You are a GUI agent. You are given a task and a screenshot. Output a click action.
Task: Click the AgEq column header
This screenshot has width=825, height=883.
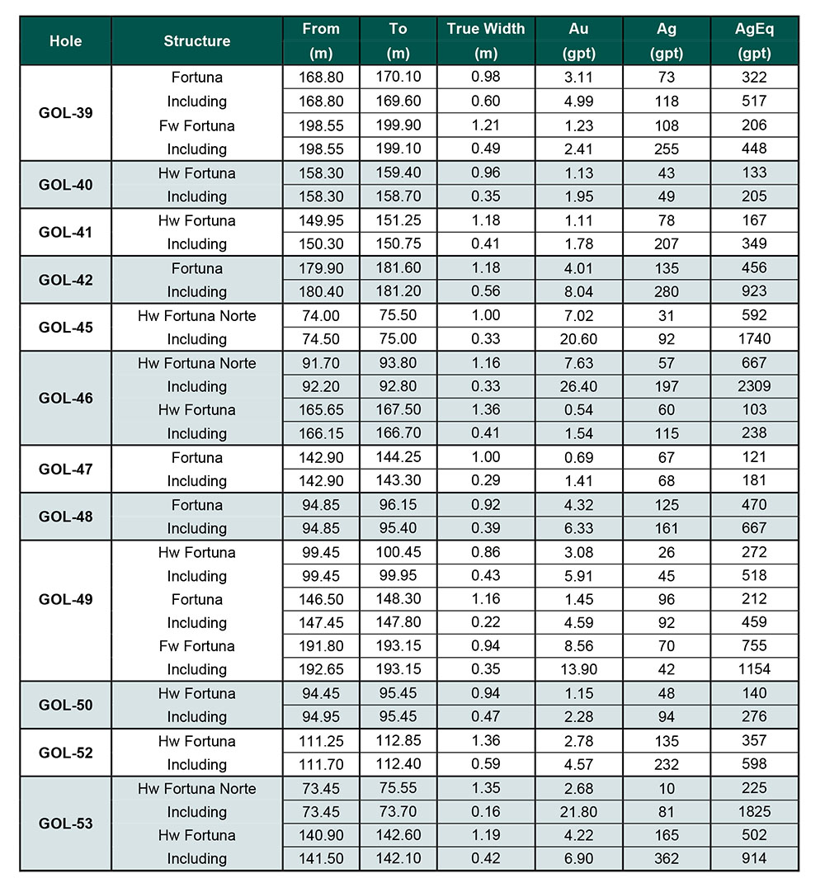point(754,40)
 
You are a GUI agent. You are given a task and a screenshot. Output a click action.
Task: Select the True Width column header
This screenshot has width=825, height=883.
point(486,40)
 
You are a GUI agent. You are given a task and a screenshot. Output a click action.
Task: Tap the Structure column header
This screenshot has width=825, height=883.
point(196,40)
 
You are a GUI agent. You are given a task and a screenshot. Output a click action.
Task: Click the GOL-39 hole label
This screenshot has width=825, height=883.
point(65,113)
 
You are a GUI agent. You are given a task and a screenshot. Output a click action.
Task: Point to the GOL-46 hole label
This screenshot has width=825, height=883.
point(65,398)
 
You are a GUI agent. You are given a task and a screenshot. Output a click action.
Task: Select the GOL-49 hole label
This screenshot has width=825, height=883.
point(65,599)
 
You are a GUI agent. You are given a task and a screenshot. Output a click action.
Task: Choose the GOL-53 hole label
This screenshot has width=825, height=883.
point(65,824)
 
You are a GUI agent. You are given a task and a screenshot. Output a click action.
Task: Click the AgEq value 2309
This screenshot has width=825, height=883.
point(754,386)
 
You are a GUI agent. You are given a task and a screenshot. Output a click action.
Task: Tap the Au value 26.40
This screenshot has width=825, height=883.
point(578,386)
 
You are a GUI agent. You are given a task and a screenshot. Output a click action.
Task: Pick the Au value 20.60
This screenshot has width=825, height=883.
point(578,339)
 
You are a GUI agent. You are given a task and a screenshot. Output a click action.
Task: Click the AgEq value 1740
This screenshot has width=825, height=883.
point(754,339)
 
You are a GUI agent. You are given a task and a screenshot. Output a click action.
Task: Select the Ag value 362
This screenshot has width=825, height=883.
point(667,858)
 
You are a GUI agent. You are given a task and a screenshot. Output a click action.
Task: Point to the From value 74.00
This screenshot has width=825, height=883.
point(321,315)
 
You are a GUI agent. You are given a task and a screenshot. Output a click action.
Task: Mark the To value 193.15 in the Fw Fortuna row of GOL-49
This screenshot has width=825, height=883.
point(398,646)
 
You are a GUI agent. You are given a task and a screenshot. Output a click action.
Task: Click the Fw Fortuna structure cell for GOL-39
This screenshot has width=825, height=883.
point(196,125)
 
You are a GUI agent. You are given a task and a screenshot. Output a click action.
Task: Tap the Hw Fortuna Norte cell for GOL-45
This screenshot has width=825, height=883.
point(196,315)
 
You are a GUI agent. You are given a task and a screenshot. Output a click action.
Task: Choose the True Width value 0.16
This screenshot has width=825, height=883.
point(486,812)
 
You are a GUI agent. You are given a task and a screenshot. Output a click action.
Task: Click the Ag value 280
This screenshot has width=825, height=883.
point(667,291)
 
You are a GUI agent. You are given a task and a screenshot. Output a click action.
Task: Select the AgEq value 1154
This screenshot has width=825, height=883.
point(754,669)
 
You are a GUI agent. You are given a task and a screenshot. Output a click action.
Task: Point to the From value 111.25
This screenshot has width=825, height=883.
point(321,741)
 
